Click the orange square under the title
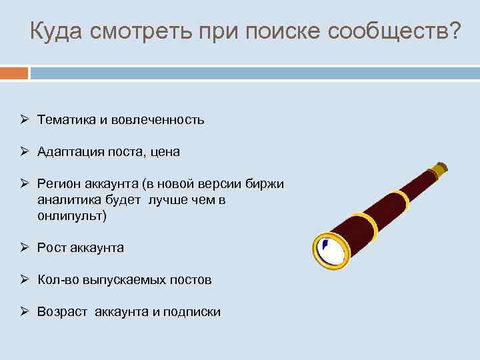click(14, 72)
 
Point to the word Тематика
click(67, 120)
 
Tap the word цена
click(164, 152)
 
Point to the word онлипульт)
click(72, 216)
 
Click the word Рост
click(51, 248)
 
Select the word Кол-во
click(57, 280)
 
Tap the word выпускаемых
click(129, 280)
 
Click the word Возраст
click(62, 312)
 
